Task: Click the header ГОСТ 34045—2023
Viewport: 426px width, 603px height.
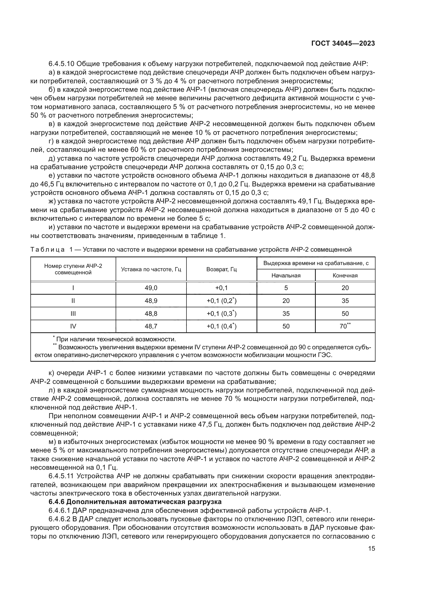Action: pyautogui.click(x=343, y=44)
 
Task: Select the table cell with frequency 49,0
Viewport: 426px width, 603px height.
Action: pyautogui.click(x=151, y=288)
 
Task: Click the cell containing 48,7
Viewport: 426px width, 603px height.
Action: pyautogui.click(x=151, y=326)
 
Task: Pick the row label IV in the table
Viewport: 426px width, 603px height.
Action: pyautogui.click(x=73, y=326)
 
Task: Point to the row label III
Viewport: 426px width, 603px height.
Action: pyautogui.click(x=73, y=313)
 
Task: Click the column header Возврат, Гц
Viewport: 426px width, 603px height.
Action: pyautogui.click(x=221, y=269)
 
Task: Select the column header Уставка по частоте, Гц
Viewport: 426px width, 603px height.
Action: pyautogui.click(x=151, y=269)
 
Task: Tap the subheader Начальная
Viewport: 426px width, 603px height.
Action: pyautogui.click(x=286, y=276)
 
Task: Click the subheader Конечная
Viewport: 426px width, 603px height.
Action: pyautogui.click(x=345, y=276)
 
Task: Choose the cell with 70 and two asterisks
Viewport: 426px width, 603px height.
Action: pyautogui.click(x=345, y=326)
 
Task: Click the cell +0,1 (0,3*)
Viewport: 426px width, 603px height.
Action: pyautogui.click(x=221, y=313)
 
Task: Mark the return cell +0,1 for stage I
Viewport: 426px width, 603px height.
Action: pyautogui.click(x=221, y=288)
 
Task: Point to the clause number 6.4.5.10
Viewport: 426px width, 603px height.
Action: pyautogui.click(x=62, y=64)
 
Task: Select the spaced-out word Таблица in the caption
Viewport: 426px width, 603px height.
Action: pyautogui.click(x=47, y=250)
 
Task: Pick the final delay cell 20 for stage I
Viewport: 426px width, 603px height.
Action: pyautogui.click(x=345, y=288)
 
